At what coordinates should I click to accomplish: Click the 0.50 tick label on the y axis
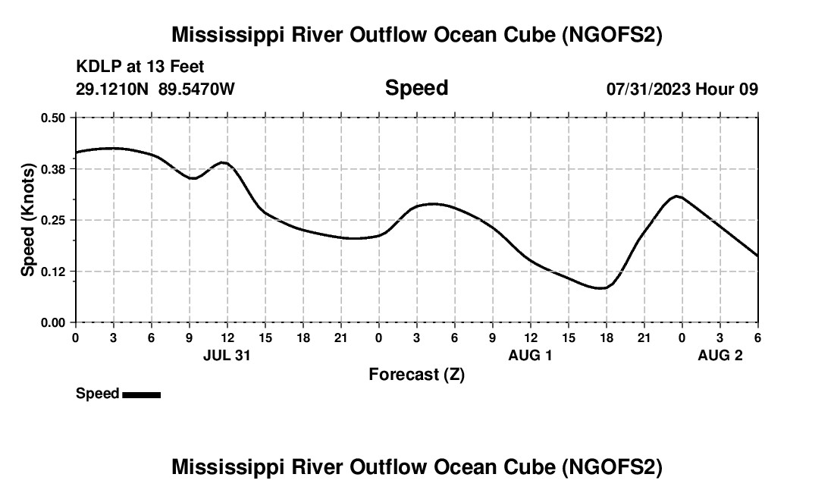pyautogui.click(x=54, y=118)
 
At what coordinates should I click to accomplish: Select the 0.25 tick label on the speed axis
pyautogui.click(x=54, y=220)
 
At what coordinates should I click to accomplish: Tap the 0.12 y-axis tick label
pyautogui.click(x=54, y=272)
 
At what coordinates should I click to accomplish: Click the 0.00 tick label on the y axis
pyautogui.click(x=54, y=323)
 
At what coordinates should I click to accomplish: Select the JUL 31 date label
pyautogui.click(x=227, y=355)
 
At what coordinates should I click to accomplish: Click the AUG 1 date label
pyautogui.click(x=530, y=355)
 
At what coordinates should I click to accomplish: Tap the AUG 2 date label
pyautogui.click(x=720, y=355)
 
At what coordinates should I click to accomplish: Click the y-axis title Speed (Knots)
pyautogui.click(x=28, y=220)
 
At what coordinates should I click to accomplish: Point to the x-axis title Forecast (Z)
pyautogui.click(x=416, y=375)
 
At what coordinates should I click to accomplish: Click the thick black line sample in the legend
pyautogui.click(x=141, y=394)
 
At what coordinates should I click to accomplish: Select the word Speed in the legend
pyautogui.click(x=97, y=394)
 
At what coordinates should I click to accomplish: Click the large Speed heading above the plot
pyautogui.click(x=416, y=88)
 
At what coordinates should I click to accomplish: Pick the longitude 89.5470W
pyautogui.click(x=196, y=89)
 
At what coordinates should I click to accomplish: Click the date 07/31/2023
pyautogui.click(x=647, y=89)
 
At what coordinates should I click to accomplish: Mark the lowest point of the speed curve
pyautogui.click(x=600, y=288)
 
